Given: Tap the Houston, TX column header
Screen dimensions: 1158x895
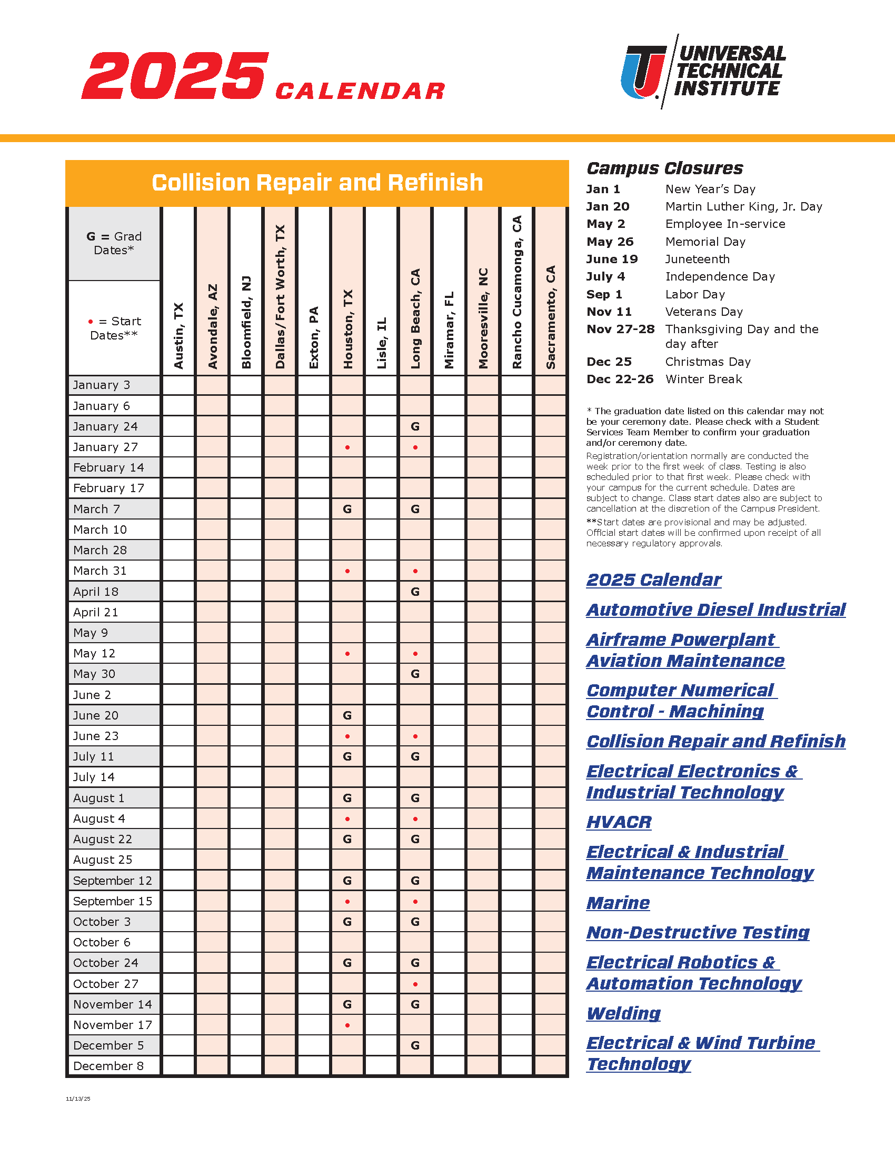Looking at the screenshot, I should coord(348,329).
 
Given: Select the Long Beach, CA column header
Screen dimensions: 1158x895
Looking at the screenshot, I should coord(416,318).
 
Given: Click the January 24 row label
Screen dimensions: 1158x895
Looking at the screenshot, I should coord(105,426).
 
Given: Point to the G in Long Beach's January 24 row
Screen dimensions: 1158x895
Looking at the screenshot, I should coord(415,426).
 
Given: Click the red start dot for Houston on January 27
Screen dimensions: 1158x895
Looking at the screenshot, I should coord(347,447).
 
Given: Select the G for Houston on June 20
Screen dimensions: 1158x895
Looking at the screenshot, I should coord(347,715).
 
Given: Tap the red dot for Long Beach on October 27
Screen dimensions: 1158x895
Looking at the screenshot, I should coord(415,984).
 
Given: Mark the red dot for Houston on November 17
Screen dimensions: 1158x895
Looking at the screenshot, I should coord(347,1025).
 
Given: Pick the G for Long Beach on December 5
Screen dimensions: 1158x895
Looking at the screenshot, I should coord(415,1045).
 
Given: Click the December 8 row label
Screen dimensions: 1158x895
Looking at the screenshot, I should coord(108,1066).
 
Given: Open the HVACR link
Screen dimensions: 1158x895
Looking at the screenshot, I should coord(619,822).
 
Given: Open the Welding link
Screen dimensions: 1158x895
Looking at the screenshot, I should coord(623,1013).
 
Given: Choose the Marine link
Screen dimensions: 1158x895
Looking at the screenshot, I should coord(618,902).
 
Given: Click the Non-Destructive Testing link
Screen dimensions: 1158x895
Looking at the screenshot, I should coord(698,932).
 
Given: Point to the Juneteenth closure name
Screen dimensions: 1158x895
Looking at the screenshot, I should coord(697,259).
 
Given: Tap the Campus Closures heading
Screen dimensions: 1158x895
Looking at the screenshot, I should coord(665,168).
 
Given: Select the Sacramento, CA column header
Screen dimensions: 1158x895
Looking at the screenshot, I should coord(551,317).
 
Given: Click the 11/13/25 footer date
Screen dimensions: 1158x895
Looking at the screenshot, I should coord(78,1099).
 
